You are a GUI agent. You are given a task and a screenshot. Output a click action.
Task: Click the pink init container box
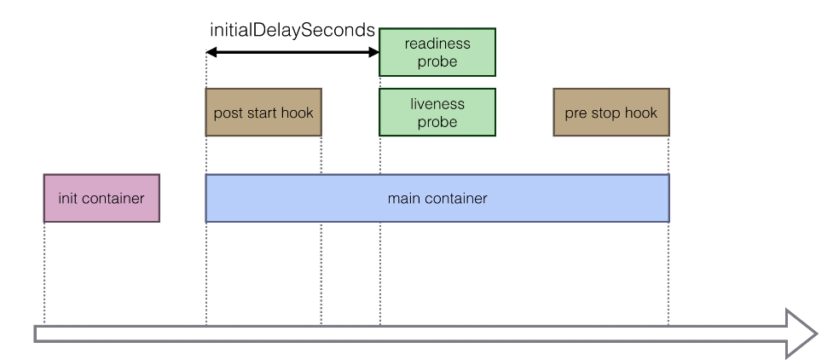pyautogui.click(x=101, y=198)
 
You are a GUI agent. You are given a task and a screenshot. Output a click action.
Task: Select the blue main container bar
pyautogui.click(x=437, y=198)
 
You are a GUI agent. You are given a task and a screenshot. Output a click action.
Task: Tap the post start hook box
pyautogui.click(x=263, y=113)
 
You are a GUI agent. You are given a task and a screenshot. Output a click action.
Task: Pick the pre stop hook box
pyautogui.click(x=610, y=113)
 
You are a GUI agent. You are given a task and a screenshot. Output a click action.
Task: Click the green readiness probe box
pyautogui.click(x=437, y=52)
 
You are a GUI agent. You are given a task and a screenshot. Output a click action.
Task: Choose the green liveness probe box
pyautogui.click(x=437, y=113)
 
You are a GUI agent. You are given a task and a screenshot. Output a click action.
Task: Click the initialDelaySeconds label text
pyautogui.click(x=292, y=30)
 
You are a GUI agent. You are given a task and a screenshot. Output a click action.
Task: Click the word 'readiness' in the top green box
pyautogui.click(x=437, y=44)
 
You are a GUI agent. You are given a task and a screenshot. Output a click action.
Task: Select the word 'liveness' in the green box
pyautogui.click(x=437, y=104)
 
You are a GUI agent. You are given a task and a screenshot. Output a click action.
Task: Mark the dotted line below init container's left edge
pyautogui.click(x=43, y=273)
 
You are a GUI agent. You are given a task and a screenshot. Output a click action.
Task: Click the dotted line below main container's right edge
pyautogui.click(x=668, y=273)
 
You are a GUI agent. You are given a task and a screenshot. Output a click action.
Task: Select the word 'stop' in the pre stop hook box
pyautogui.click(x=606, y=113)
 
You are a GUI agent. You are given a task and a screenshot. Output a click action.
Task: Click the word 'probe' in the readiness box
pyautogui.click(x=437, y=61)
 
